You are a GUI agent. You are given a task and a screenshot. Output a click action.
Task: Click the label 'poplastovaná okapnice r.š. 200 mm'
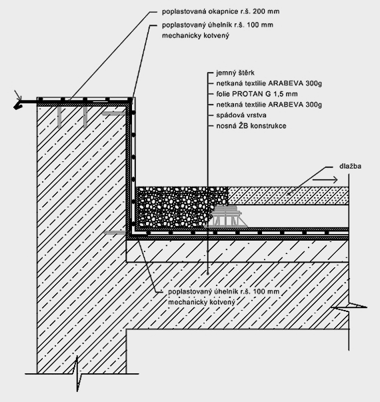[x=221, y=11]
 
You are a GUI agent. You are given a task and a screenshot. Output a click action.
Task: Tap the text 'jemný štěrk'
[x=235, y=73]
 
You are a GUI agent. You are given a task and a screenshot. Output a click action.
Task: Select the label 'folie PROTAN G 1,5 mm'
[x=257, y=94]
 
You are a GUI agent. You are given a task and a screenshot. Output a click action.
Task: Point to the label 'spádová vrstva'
[x=241, y=115]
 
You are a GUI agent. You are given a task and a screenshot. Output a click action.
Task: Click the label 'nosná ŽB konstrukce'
[x=251, y=126]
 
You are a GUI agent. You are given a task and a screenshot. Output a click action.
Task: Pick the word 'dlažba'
[x=350, y=166]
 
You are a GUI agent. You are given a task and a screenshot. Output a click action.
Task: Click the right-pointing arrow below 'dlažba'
[x=325, y=180]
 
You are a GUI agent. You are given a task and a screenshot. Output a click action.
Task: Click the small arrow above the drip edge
[x=18, y=95]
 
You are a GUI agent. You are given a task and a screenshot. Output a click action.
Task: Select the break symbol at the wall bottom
[x=77, y=374]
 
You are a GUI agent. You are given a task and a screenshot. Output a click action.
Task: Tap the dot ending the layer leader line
[x=208, y=273]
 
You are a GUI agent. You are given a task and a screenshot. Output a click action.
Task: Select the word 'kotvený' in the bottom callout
[x=222, y=302]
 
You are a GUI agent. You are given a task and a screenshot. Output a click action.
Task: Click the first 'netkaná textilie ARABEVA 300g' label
[x=269, y=83]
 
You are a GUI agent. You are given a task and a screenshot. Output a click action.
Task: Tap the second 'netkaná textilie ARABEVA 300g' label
[x=269, y=105]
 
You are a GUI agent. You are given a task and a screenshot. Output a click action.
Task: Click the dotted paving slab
[x=288, y=195]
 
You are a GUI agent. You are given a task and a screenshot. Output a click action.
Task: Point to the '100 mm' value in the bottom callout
[x=266, y=292]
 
